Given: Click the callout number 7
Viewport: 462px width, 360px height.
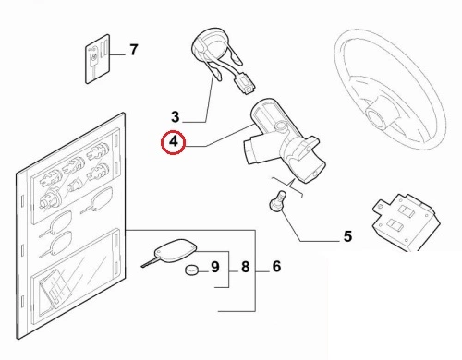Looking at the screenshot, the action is (x=133, y=50).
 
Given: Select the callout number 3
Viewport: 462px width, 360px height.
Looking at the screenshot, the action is (x=176, y=117).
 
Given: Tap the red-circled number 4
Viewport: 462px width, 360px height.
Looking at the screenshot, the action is (x=174, y=142).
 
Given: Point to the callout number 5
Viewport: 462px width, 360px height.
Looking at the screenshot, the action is (x=347, y=236).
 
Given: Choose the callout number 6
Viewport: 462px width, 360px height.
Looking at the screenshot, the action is (x=276, y=267).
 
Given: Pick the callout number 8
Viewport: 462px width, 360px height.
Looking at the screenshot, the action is (x=245, y=267).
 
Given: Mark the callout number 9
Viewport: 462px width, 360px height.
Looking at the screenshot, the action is (x=214, y=267).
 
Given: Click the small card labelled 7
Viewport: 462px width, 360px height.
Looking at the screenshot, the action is (x=97, y=59).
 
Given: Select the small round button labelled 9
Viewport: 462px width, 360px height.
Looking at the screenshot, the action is (x=191, y=270).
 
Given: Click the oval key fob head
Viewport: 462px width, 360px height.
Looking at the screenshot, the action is (x=175, y=251).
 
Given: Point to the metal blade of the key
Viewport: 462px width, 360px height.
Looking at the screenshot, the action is (x=149, y=263).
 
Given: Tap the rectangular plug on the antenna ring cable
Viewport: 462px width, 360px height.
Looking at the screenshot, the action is (x=246, y=84).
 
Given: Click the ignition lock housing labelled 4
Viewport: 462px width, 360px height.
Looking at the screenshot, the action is (x=285, y=141).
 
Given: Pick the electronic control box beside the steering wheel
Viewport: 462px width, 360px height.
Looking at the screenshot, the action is (x=405, y=221).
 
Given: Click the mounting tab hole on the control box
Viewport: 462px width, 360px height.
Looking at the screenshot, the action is (x=380, y=205).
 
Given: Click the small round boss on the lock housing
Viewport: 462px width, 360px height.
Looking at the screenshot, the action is (x=281, y=126).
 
